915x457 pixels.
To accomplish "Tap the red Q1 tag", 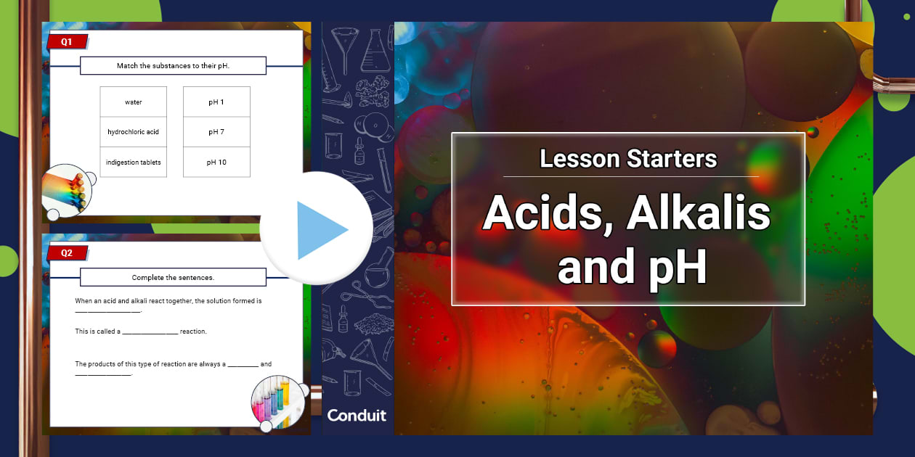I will (67, 42).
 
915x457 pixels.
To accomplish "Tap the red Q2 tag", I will (67, 253).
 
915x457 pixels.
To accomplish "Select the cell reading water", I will (134, 102).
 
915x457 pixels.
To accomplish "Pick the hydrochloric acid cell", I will (134, 132).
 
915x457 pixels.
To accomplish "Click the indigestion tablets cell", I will (134, 162).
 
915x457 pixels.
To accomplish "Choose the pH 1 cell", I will (216, 102).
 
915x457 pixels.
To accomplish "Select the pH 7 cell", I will (216, 132).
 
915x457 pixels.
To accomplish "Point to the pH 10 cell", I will (216, 162).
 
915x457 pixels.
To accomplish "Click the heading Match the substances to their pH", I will (173, 66).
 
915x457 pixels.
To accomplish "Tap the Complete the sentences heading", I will (173, 277).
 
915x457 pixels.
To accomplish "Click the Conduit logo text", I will (357, 415).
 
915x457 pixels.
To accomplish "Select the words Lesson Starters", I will (628, 158).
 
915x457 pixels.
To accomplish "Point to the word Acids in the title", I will (541, 214).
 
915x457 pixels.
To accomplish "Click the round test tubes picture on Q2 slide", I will (277, 400).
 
